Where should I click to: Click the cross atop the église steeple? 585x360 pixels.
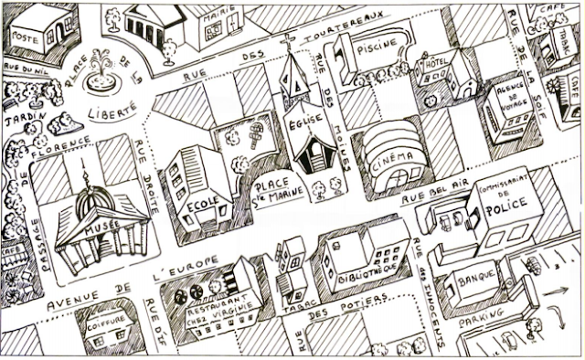[x=291, y=40]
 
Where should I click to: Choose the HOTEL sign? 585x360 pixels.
[x=432, y=64]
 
